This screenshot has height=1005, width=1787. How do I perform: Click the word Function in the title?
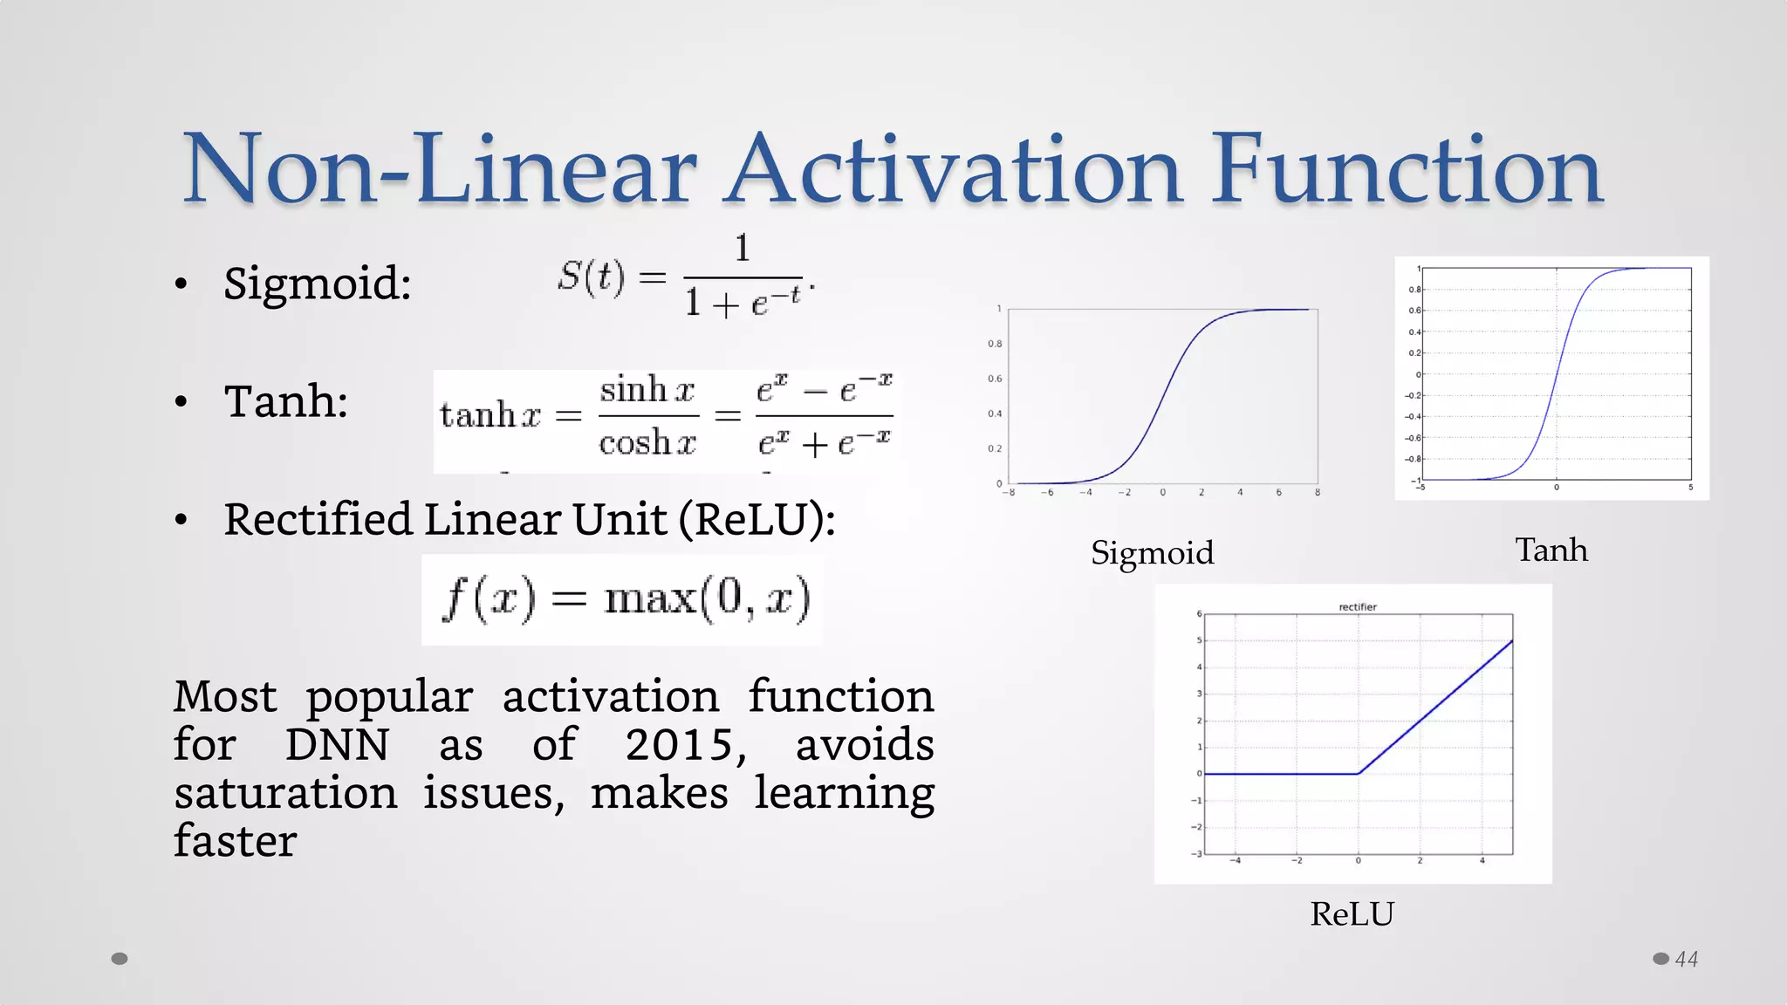pos(1407,170)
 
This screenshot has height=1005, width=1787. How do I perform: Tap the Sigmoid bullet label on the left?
pos(317,284)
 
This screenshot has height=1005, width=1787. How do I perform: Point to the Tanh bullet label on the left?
pos(286,401)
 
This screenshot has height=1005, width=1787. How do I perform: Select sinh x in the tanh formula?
pos(647,390)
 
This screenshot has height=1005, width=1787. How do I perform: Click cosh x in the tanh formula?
pos(647,443)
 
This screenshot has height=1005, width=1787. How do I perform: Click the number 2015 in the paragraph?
pos(686,745)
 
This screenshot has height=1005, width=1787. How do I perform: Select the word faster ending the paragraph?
pos(235,841)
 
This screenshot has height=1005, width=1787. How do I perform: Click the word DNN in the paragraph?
pos(337,745)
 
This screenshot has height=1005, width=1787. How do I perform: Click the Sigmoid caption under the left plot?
pos(1152,553)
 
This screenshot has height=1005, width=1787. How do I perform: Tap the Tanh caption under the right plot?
pos(1551,550)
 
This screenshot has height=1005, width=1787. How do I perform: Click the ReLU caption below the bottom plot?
pos(1352,914)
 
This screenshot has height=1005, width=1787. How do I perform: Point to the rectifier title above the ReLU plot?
pos(1357,607)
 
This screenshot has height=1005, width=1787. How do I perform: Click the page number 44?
pos(1686,960)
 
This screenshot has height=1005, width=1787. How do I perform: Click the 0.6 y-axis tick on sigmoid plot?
pos(995,379)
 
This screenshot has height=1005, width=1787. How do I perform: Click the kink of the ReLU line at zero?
pos(1358,773)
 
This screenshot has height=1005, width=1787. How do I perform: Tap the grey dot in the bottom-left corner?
pos(120,959)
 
